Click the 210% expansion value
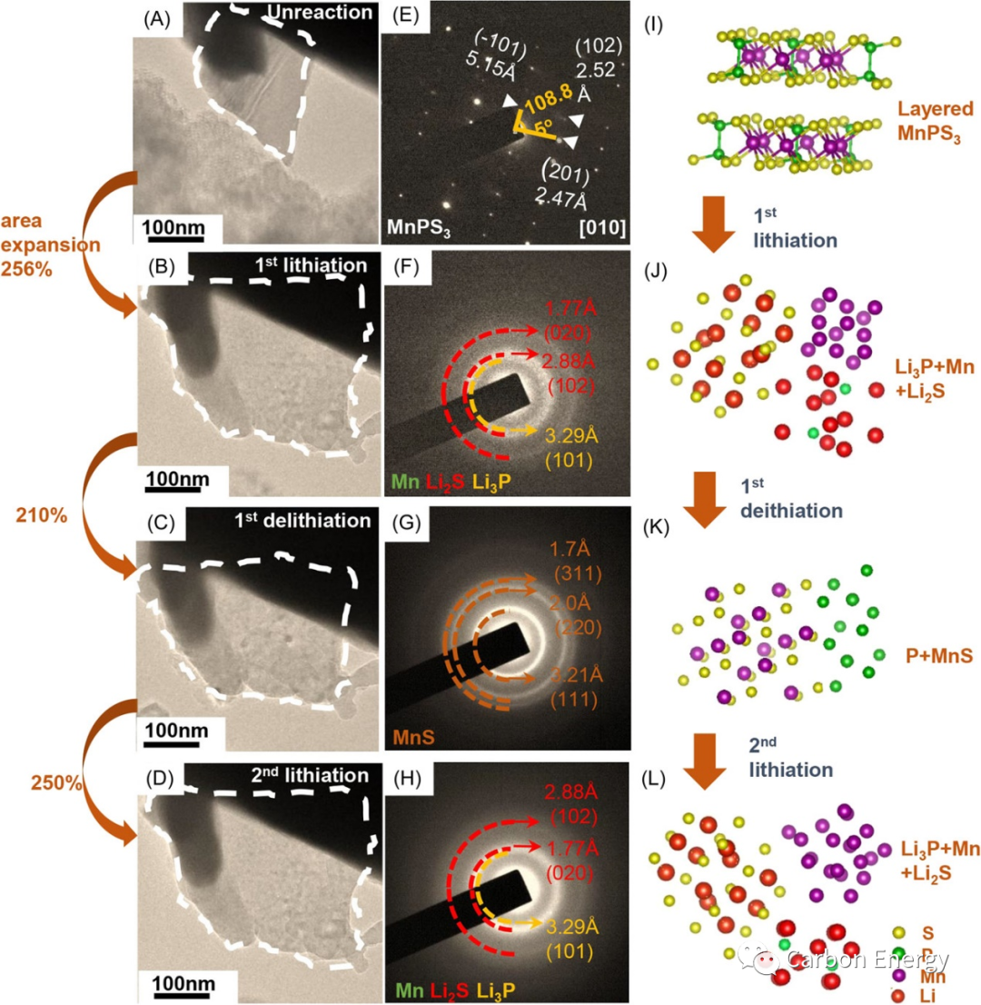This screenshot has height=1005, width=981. pyautogui.click(x=41, y=514)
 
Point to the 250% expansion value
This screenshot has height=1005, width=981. pyautogui.click(x=41, y=781)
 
